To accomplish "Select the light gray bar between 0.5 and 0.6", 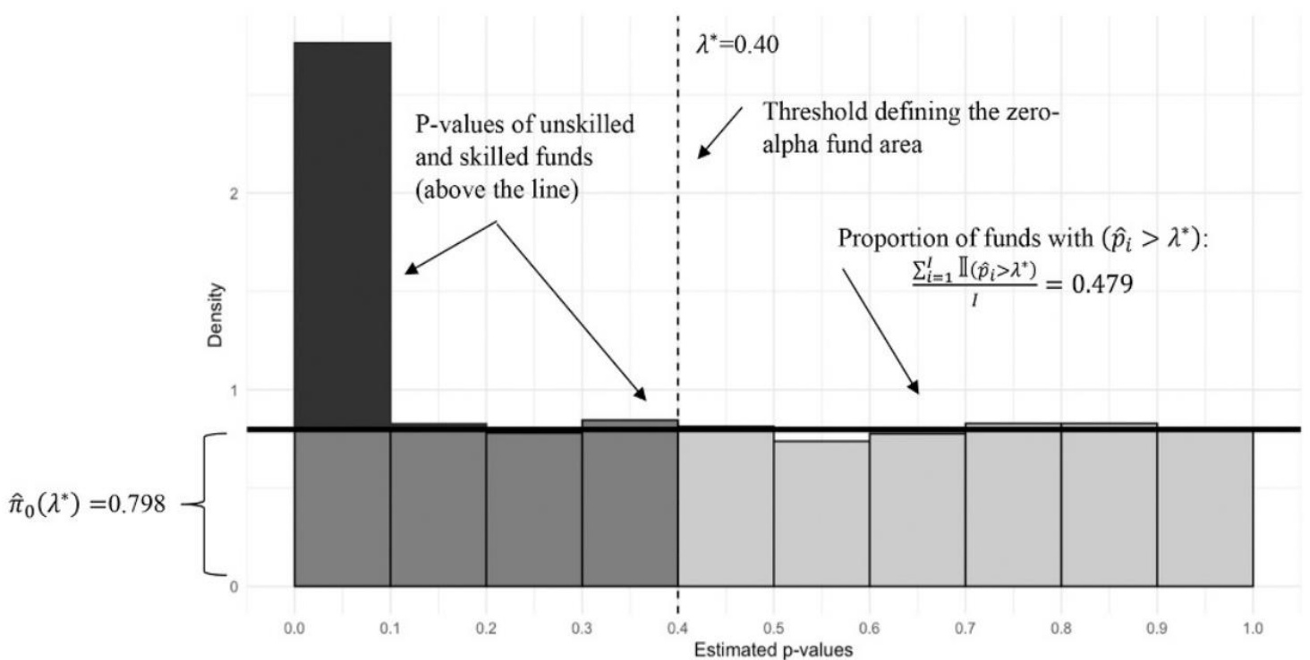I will coord(821,513).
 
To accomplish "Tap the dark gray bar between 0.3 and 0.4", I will coord(629,505).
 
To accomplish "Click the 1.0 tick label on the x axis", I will coord(1253,629).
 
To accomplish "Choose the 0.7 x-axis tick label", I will coord(965,629).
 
